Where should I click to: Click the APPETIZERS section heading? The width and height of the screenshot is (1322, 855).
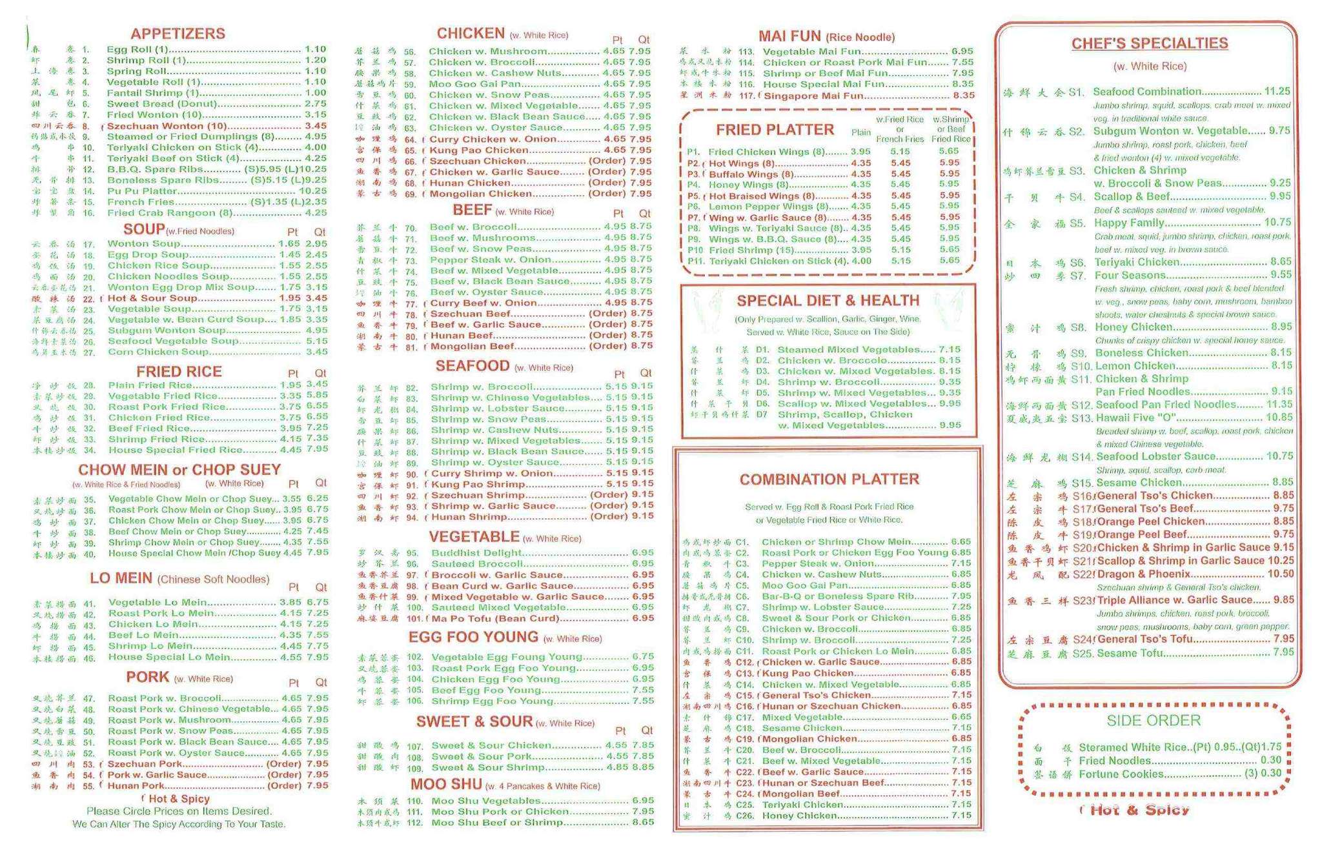tap(178, 34)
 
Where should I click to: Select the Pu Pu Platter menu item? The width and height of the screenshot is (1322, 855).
tap(142, 191)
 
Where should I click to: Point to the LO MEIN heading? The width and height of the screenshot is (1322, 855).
tap(121, 578)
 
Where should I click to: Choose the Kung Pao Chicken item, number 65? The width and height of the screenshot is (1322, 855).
tap(479, 150)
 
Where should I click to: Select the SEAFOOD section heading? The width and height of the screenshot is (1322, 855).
tap(473, 367)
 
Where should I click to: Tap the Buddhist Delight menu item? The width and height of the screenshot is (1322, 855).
tap(476, 553)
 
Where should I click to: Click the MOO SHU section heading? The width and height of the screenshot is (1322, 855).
tap(447, 784)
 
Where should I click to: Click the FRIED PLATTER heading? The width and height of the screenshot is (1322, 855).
tap(775, 130)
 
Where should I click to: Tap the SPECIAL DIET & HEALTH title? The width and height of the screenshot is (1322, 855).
tap(828, 301)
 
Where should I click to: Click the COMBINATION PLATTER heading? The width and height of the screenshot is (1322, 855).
tap(829, 479)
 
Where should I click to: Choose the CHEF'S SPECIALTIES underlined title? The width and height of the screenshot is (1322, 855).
tap(1150, 44)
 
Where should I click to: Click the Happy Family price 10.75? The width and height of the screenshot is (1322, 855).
tap(1277, 223)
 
